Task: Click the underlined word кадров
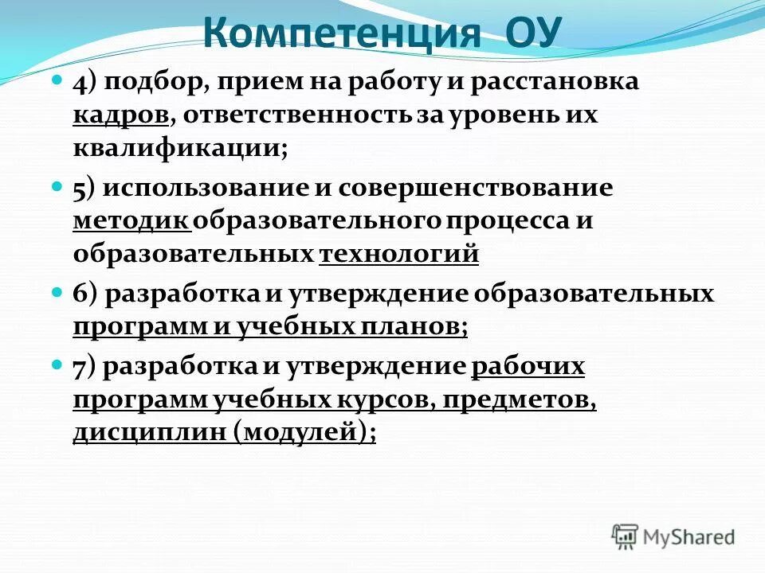[121, 115]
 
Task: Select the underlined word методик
[131, 221]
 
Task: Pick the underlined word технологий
[398, 255]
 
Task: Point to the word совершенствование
[476, 188]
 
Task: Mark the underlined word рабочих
[528, 367]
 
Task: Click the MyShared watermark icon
[626, 536]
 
